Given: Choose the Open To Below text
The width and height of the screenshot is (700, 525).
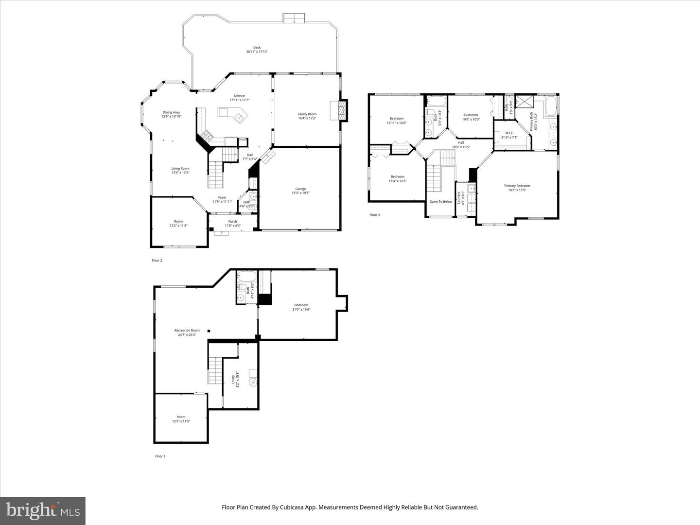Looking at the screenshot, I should tap(440, 202).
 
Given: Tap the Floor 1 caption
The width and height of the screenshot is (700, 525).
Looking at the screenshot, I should tap(160, 456).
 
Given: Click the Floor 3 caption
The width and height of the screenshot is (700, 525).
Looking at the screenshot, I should tap(374, 215).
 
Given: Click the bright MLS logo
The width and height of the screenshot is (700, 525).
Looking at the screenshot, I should tap(43, 510).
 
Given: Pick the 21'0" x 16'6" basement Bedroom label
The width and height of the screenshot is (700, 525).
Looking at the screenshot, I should tap(301, 307).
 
